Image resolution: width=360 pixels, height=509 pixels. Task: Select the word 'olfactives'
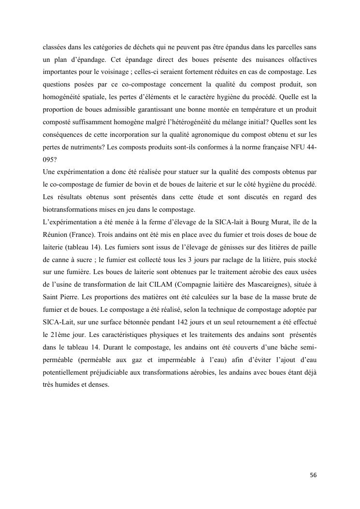coord(301,51)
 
